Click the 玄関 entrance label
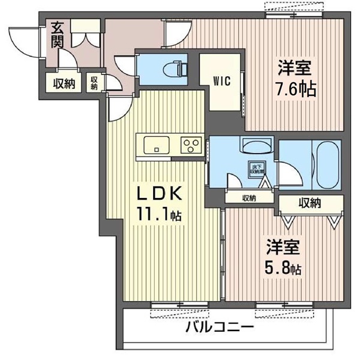[x=58, y=34]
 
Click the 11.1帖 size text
[x=158, y=214]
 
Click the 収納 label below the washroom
[x=250, y=197]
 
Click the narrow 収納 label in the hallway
[x=95, y=82]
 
